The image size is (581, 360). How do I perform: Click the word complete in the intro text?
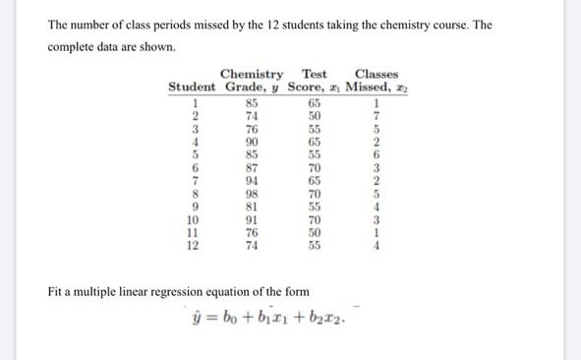(x=80, y=45)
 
